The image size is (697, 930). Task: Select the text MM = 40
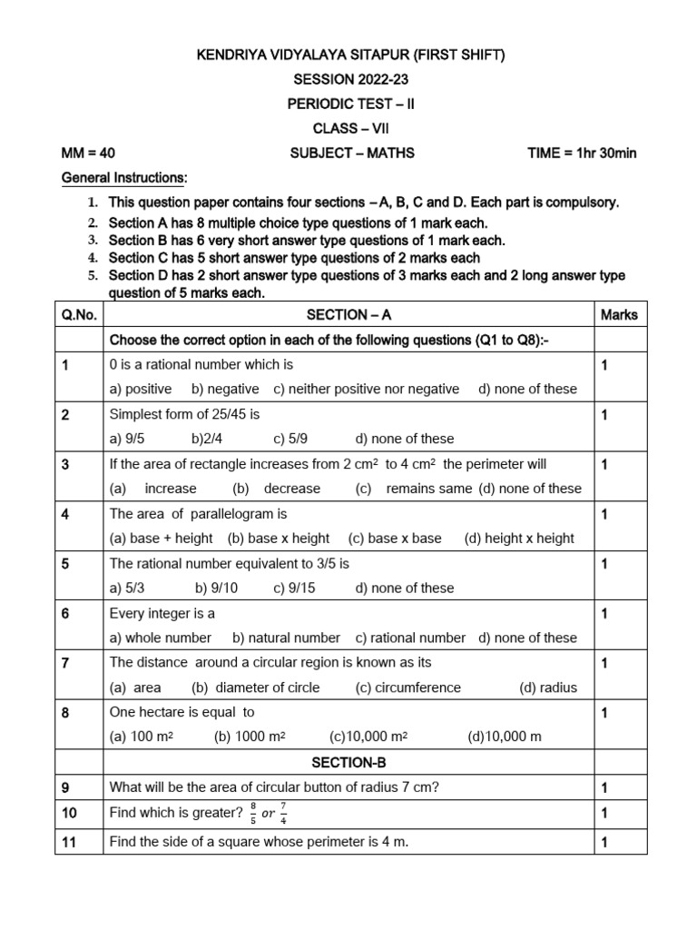(88, 153)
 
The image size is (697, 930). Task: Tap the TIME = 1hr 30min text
(582, 153)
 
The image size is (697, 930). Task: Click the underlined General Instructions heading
(123, 177)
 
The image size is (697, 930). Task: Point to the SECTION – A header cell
(349, 315)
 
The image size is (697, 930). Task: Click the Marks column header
(619, 315)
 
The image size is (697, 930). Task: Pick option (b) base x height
(279, 538)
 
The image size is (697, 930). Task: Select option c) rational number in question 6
(410, 638)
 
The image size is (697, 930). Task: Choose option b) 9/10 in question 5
(216, 588)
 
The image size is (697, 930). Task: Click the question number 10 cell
(72, 813)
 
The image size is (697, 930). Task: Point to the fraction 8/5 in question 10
(253, 813)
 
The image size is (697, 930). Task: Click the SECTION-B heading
(349, 763)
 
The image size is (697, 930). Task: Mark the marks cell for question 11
(604, 842)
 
